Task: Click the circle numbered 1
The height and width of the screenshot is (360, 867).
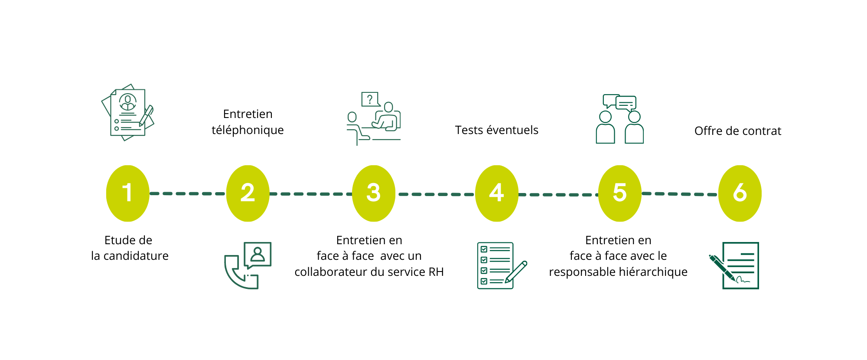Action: (x=127, y=193)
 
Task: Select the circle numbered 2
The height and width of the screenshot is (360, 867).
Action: (x=248, y=193)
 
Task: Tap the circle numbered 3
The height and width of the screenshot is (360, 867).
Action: (x=373, y=193)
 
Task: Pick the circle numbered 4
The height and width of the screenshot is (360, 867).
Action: (x=496, y=193)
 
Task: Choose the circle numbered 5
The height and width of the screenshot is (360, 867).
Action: (x=619, y=193)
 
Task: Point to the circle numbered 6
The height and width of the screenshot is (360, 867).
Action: (x=740, y=193)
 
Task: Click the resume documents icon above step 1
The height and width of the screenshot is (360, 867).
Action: (x=127, y=113)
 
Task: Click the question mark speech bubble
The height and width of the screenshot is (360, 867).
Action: (x=370, y=99)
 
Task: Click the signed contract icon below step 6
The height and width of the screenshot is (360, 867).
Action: (x=737, y=265)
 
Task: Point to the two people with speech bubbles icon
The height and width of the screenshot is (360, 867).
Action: (x=619, y=119)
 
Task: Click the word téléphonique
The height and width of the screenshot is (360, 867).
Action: (x=248, y=130)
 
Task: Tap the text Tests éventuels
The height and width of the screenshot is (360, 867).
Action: (x=496, y=130)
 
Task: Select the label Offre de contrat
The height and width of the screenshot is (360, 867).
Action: (x=737, y=131)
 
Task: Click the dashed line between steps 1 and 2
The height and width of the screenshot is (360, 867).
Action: (x=187, y=193)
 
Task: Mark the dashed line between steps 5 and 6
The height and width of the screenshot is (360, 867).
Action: (x=679, y=194)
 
